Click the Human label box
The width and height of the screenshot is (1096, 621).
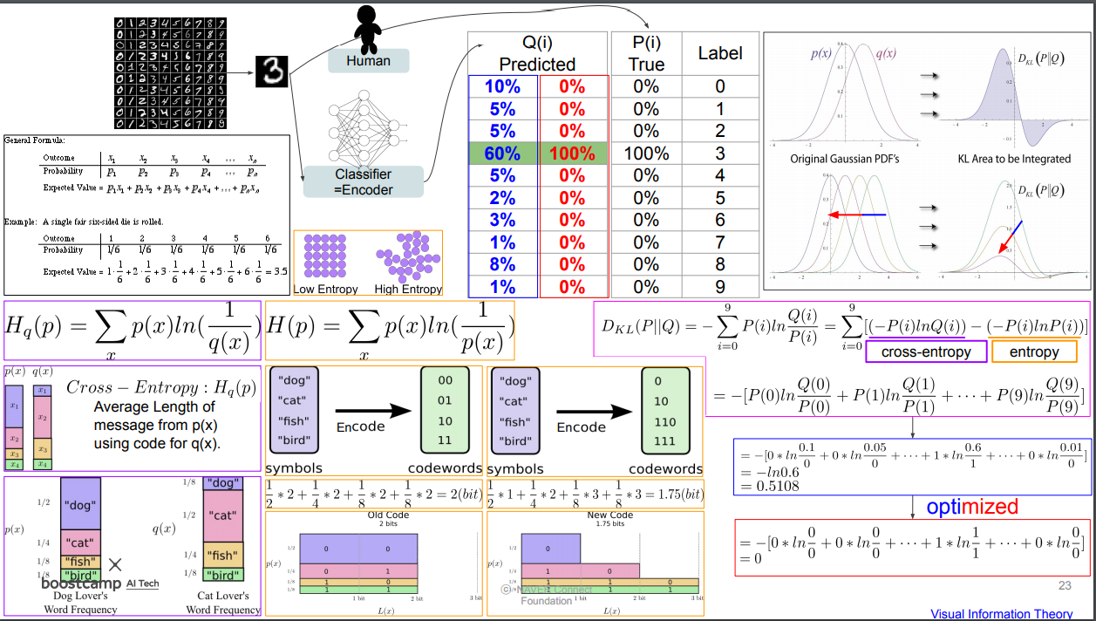click(x=368, y=61)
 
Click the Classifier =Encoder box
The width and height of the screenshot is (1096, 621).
click(x=364, y=182)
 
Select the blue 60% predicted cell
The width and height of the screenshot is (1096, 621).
click(x=503, y=154)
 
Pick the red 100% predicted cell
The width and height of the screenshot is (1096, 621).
click(x=572, y=154)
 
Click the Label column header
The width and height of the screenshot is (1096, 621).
click(x=720, y=53)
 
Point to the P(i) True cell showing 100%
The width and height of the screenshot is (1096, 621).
click(x=646, y=154)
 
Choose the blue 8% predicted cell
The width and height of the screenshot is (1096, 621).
click(x=503, y=264)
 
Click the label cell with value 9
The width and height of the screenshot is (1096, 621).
click(x=720, y=287)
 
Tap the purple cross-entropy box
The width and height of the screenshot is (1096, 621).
click(x=926, y=352)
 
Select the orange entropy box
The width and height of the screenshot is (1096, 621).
click(x=1034, y=352)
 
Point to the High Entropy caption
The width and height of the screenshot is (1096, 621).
click(x=408, y=290)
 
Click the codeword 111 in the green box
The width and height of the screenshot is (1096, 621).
click(x=664, y=441)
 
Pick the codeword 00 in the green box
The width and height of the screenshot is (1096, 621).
click(x=445, y=380)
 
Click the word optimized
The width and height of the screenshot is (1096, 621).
click(x=971, y=507)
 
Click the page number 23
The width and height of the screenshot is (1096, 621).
click(x=1065, y=586)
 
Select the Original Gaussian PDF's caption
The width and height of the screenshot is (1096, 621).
click(x=844, y=159)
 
